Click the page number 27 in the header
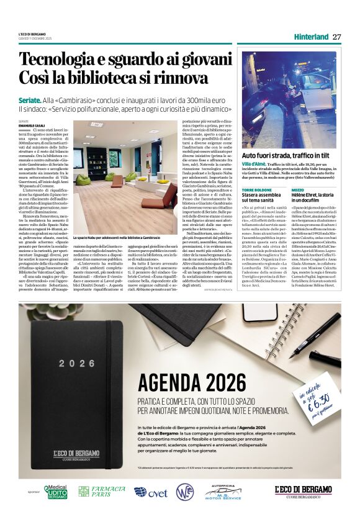[336, 37]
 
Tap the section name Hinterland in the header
[311, 37]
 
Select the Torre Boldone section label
[256, 189]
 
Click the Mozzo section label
[298, 189]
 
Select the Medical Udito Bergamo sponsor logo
[55, 491]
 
